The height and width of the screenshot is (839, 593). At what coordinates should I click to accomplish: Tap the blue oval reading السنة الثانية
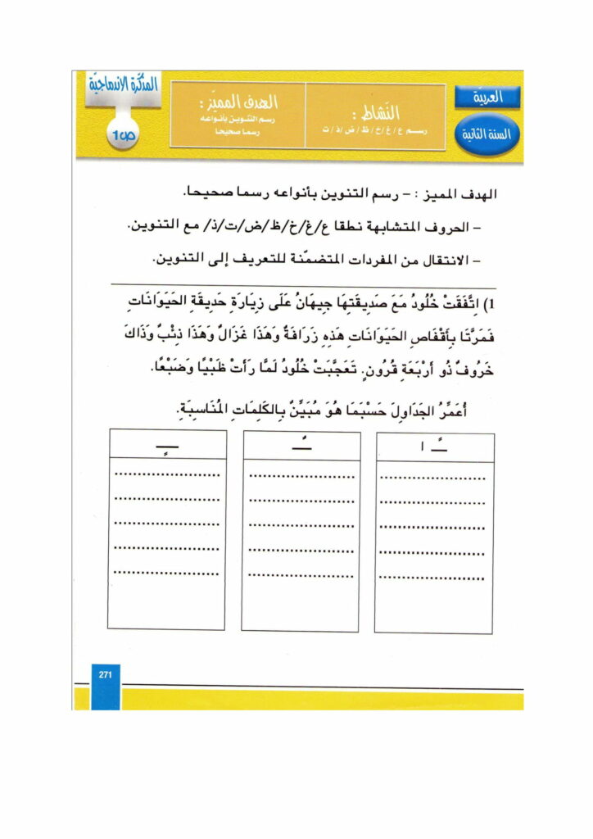tap(489, 134)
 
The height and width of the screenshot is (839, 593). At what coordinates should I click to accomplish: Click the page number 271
tap(105, 674)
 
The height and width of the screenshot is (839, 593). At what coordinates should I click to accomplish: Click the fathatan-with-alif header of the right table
tap(434, 447)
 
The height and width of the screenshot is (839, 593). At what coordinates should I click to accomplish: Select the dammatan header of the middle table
tap(301, 447)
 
